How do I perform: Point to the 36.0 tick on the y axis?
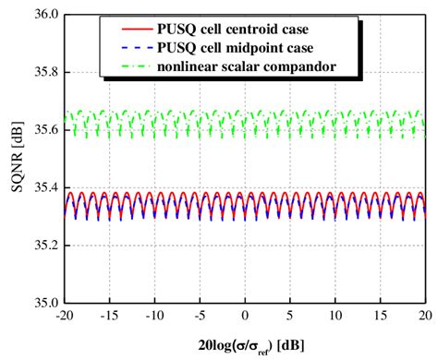46,16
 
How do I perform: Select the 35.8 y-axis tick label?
46,73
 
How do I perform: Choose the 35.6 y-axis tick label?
46,130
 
